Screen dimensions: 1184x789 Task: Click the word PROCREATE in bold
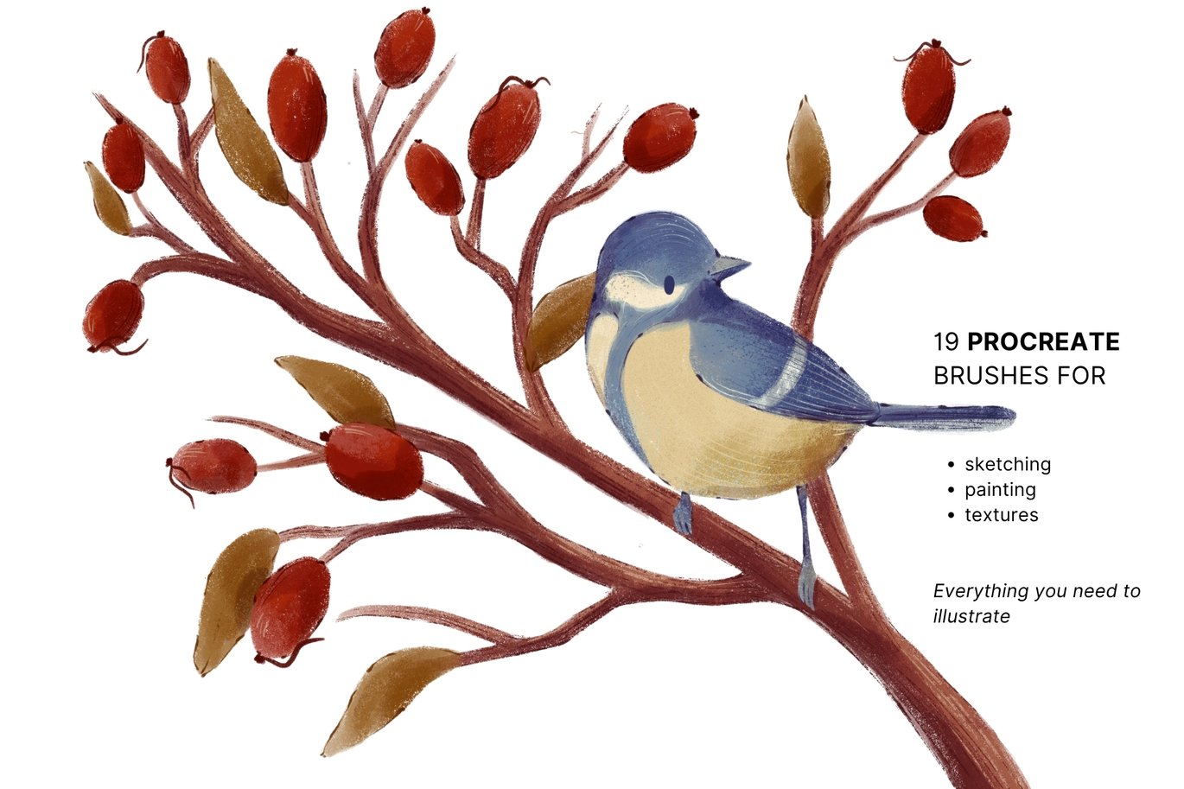[x=1043, y=342]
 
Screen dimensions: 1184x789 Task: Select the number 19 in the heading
[x=946, y=342]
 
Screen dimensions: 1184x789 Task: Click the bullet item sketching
[x=1008, y=465]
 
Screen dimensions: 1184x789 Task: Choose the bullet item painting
[x=1000, y=490]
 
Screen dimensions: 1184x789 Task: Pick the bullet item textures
[x=1002, y=515]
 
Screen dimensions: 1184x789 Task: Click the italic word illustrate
[x=971, y=616]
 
